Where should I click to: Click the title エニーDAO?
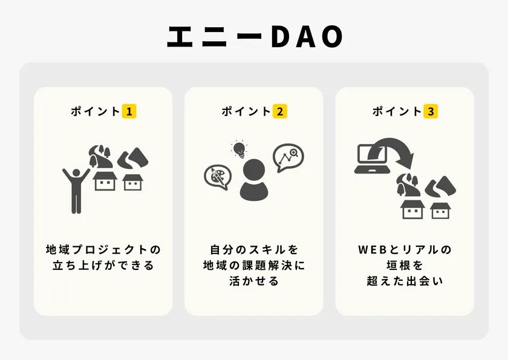pos(255,36)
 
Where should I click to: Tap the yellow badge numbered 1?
pos(129,111)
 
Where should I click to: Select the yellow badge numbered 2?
pos(280,111)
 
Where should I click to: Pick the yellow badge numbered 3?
pos(431,111)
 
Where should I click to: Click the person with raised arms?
pos(76,190)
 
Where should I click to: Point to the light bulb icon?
pos(239,149)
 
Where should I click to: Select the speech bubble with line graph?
pos(288,158)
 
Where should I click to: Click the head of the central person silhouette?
pos(254,170)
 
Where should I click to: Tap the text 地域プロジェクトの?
pos(103,250)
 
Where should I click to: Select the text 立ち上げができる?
pos(103,266)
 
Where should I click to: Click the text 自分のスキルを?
pos(254,250)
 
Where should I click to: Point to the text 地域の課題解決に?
pos(254,266)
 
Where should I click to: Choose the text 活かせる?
pos(254,281)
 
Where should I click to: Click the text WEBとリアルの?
pos(405,250)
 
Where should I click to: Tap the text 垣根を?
pos(405,266)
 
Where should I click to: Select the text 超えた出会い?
pos(405,281)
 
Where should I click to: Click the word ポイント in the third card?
pos(397,111)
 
